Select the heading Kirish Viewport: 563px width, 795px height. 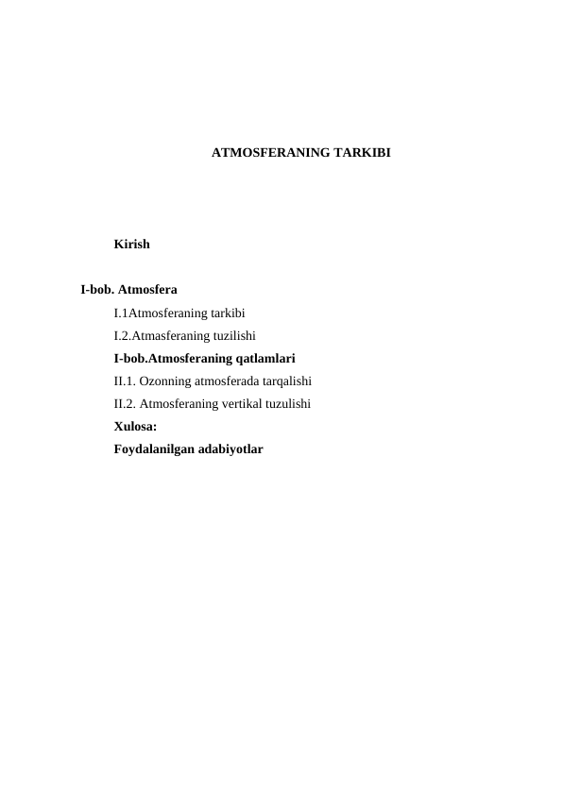tap(131, 245)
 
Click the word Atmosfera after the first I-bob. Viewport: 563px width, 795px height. tap(148, 289)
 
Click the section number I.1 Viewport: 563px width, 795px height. tap(120, 313)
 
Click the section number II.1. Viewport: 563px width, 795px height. tap(124, 381)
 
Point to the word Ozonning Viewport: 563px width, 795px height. tap(164, 381)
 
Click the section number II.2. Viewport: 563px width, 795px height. tap(124, 404)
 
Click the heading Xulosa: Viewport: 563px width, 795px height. tap(135, 427)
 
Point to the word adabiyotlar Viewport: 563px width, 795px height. tap(230, 449)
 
